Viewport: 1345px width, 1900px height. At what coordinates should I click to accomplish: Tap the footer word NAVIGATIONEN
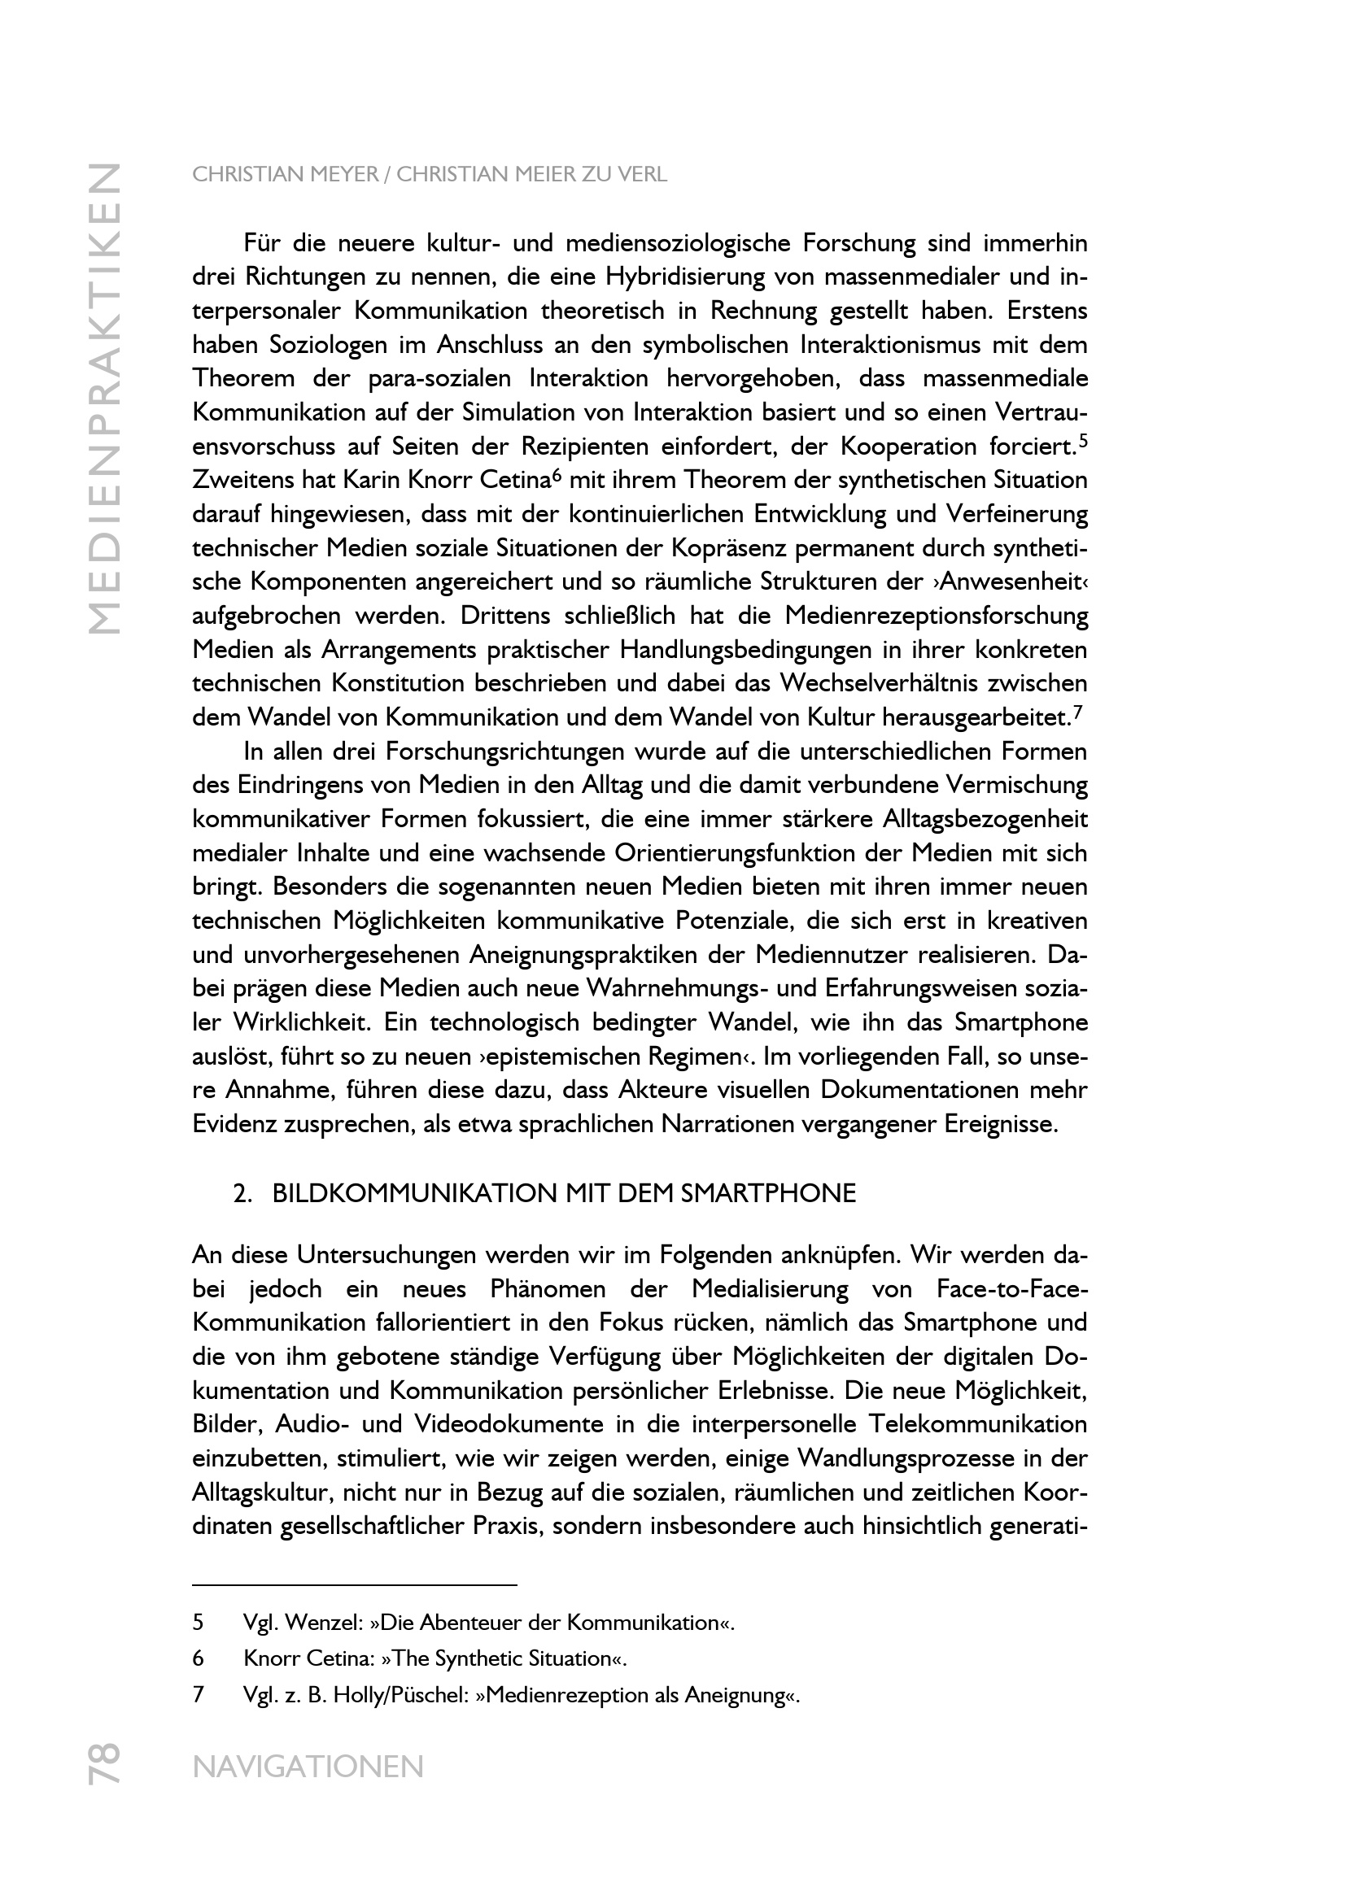(x=308, y=1767)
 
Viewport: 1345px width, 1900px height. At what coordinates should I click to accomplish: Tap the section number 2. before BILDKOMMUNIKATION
(x=242, y=1193)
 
